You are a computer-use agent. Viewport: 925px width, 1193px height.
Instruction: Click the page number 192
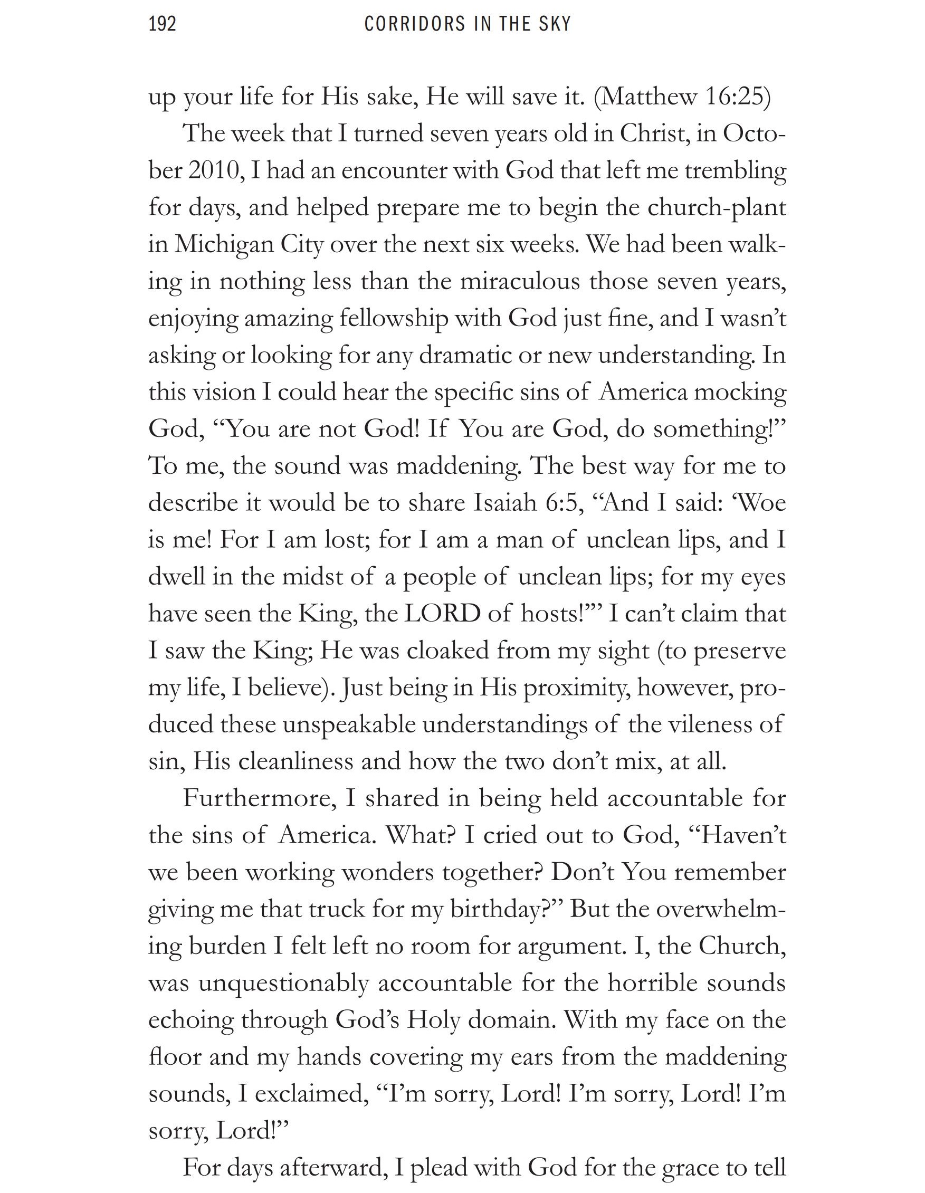point(163,25)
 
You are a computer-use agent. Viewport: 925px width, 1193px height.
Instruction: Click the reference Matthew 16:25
point(682,97)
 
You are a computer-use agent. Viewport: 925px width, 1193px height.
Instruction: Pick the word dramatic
point(466,356)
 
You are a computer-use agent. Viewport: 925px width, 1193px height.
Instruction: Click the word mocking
point(740,393)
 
